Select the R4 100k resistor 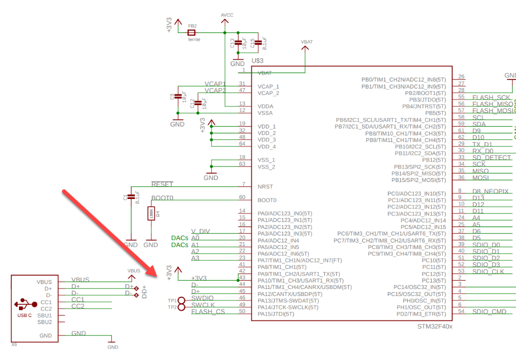(x=150, y=213)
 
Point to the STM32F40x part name (x=435, y=326)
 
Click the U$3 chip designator (x=257, y=60)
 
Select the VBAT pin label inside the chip (x=265, y=73)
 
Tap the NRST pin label (x=265, y=186)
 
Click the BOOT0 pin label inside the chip (x=267, y=200)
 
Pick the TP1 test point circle (x=181, y=300)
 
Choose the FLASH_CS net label (x=208, y=311)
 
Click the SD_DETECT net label (x=492, y=157)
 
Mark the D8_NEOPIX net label (x=490, y=191)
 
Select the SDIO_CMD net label (x=489, y=311)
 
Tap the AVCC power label (x=227, y=15)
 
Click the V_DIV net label (x=200, y=231)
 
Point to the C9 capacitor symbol (x=177, y=97)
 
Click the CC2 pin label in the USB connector (x=45, y=309)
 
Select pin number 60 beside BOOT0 (x=242, y=197)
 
